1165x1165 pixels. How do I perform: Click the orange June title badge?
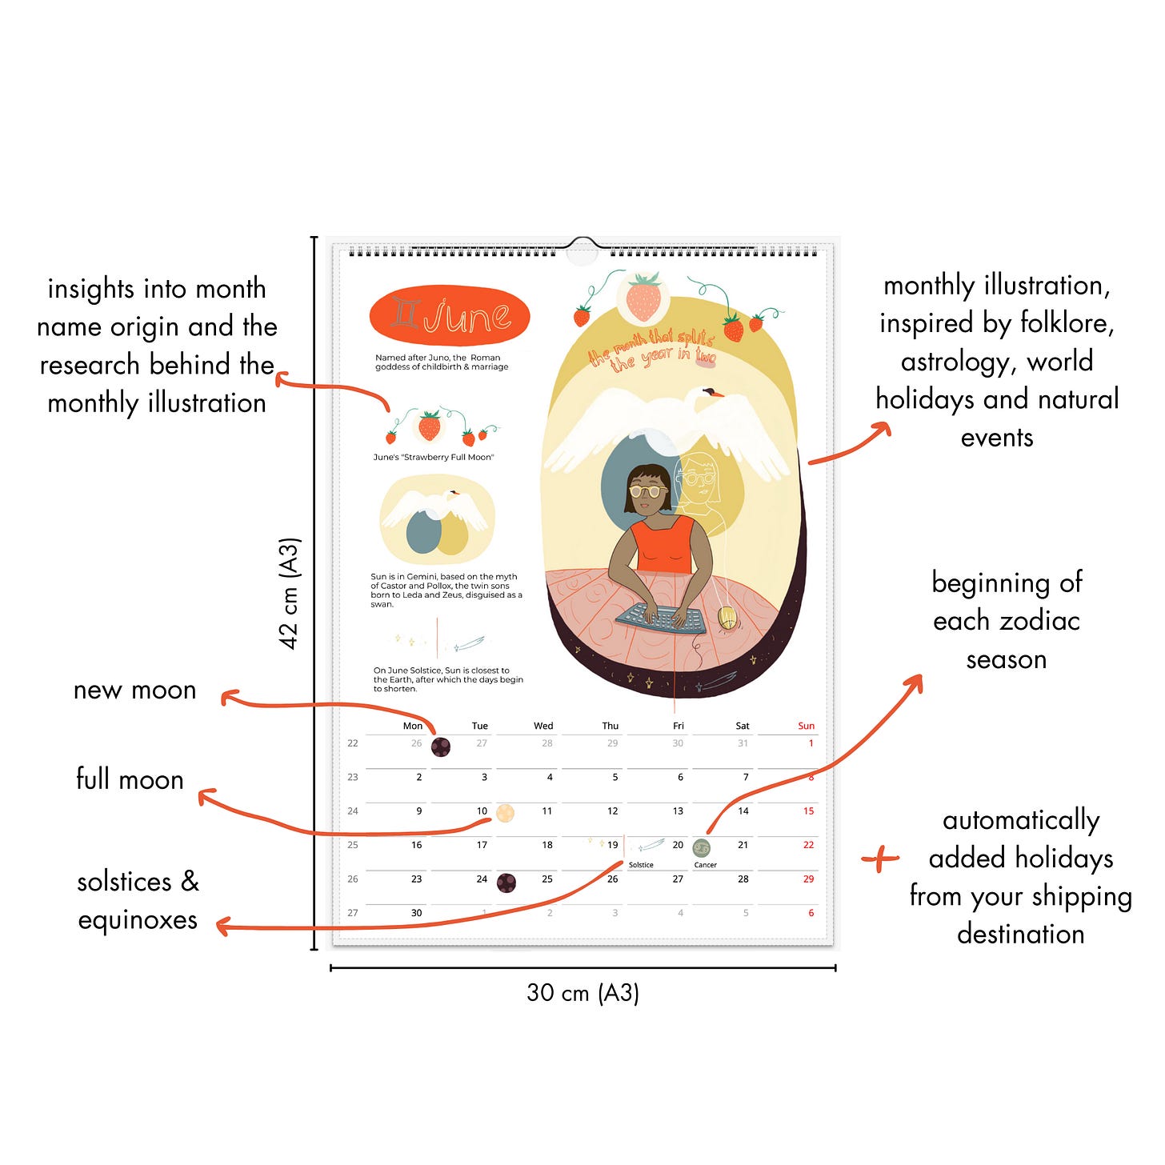coord(449,316)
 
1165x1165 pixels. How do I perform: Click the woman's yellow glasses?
coord(648,490)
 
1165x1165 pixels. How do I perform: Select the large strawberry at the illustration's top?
coord(643,297)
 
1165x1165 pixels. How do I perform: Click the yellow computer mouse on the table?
coord(727,618)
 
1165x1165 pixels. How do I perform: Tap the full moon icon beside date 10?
coord(505,813)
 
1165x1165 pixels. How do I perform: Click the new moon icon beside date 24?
coord(506,883)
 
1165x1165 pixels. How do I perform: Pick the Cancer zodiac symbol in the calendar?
coord(702,847)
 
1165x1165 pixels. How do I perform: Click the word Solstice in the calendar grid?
coord(641,865)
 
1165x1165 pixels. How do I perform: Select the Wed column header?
coord(543,726)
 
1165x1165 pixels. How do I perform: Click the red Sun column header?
coord(806,726)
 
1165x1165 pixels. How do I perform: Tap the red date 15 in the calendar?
coord(808,811)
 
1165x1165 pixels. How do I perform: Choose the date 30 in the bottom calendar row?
coord(416,912)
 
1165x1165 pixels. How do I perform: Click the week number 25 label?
coord(353,845)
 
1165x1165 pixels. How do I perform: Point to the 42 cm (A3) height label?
coord(289,593)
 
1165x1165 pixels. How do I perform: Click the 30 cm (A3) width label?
coord(582,993)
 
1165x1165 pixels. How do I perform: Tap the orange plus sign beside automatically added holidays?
coord(881,859)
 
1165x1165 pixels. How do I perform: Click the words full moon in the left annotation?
coord(130,779)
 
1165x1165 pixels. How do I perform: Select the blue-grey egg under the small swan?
coord(424,534)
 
